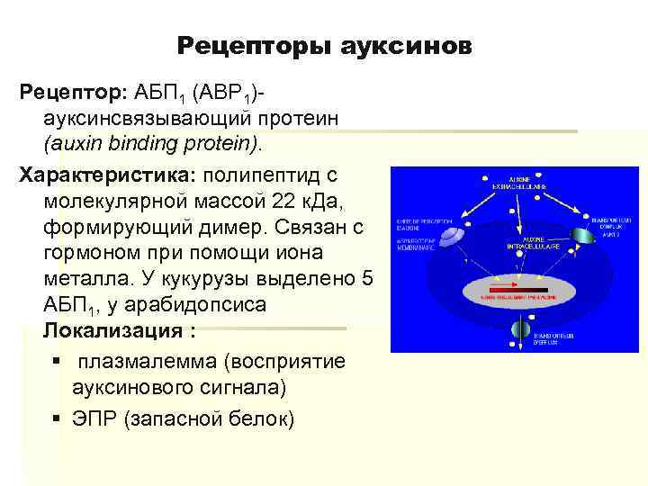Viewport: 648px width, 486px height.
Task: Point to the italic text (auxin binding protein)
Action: point(154,143)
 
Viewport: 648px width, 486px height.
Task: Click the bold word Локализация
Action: point(114,330)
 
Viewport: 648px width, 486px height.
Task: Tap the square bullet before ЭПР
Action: point(57,419)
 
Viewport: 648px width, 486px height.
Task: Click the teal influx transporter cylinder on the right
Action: point(584,235)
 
